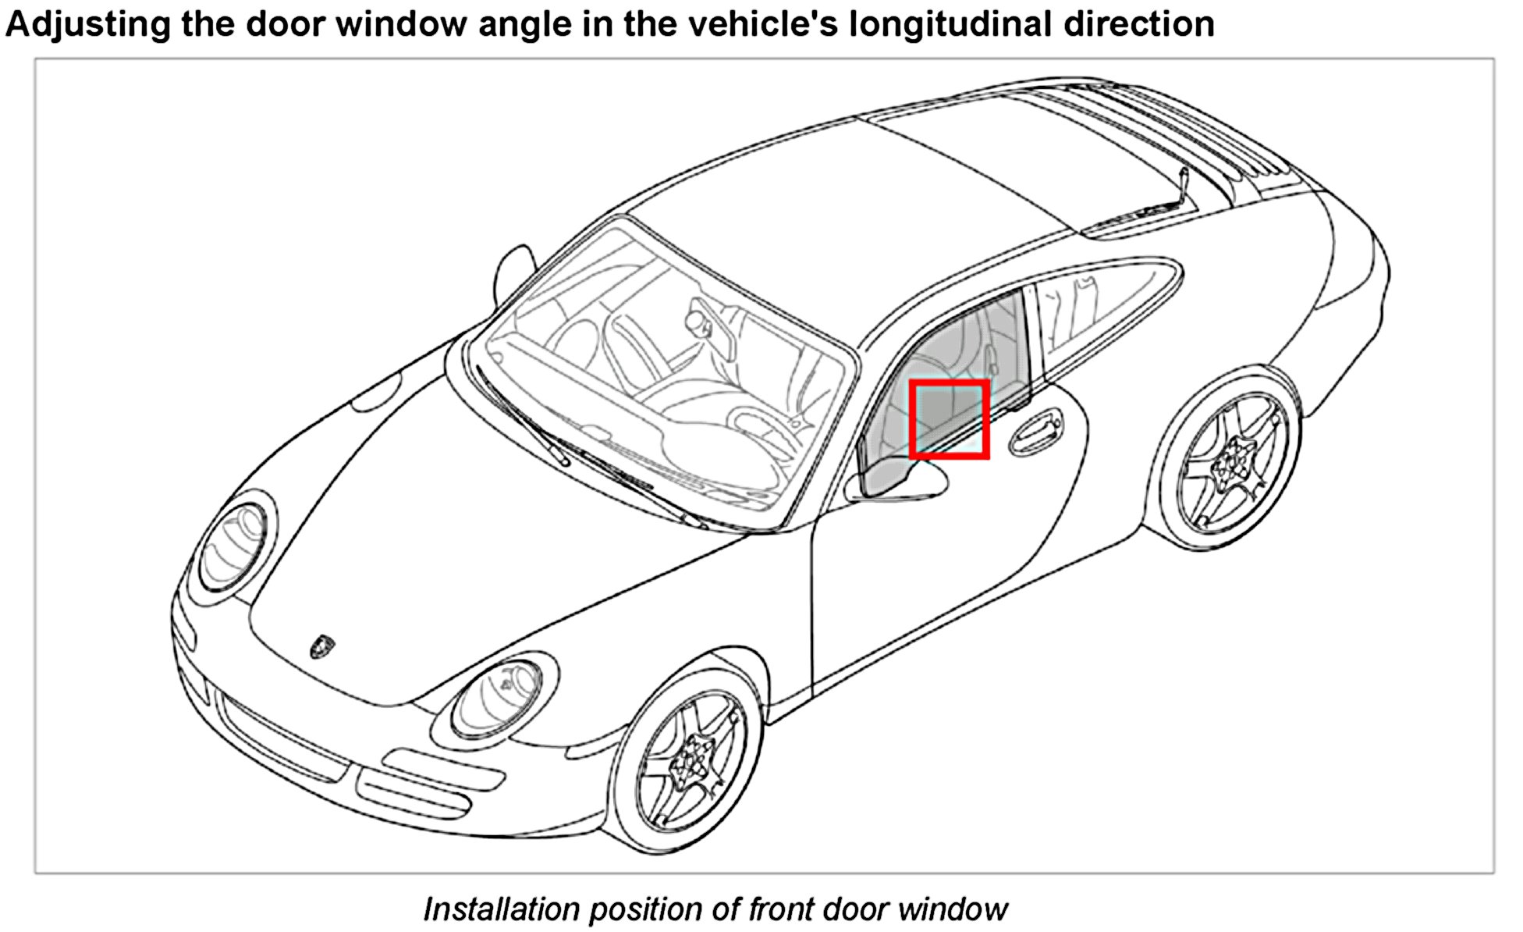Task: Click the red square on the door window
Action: click(x=950, y=418)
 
